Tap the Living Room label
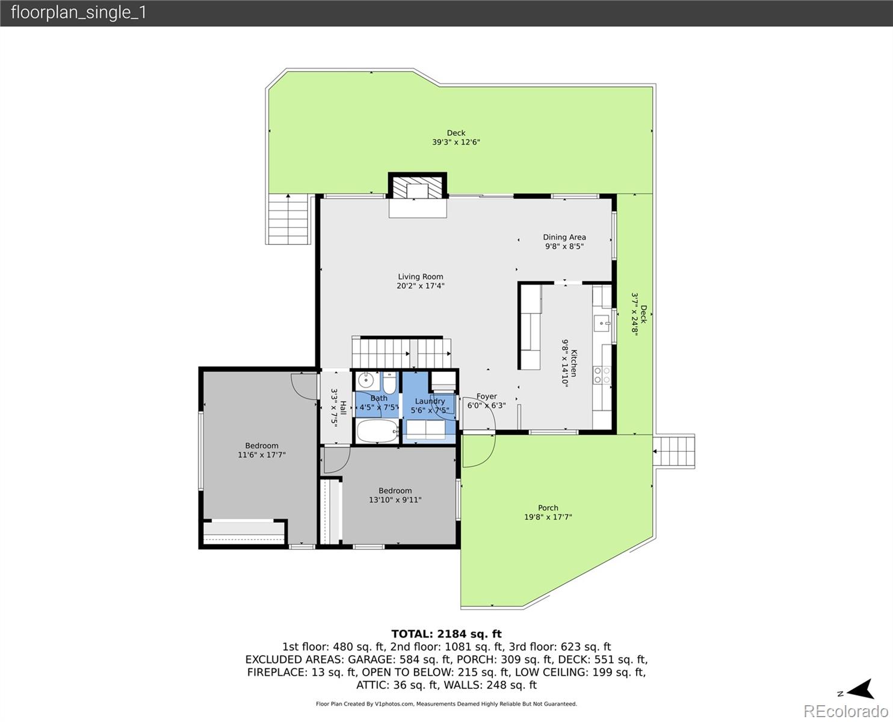pos(420,277)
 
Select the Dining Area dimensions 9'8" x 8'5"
pos(564,246)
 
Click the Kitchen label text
pos(574,363)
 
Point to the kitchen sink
pos(601,324)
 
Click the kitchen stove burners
pos(602,375)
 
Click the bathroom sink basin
pos(365,381)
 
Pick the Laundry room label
pos(430,401)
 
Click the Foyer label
pos(486,396)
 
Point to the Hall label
pos(343,407)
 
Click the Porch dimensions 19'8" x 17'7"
pos(548,517)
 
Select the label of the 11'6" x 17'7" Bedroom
pos(262,446)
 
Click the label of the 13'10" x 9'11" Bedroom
pos(395,490)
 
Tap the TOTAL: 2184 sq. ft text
pos(446,634)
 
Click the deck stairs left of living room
pos(288,220)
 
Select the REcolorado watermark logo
pos(845,711)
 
